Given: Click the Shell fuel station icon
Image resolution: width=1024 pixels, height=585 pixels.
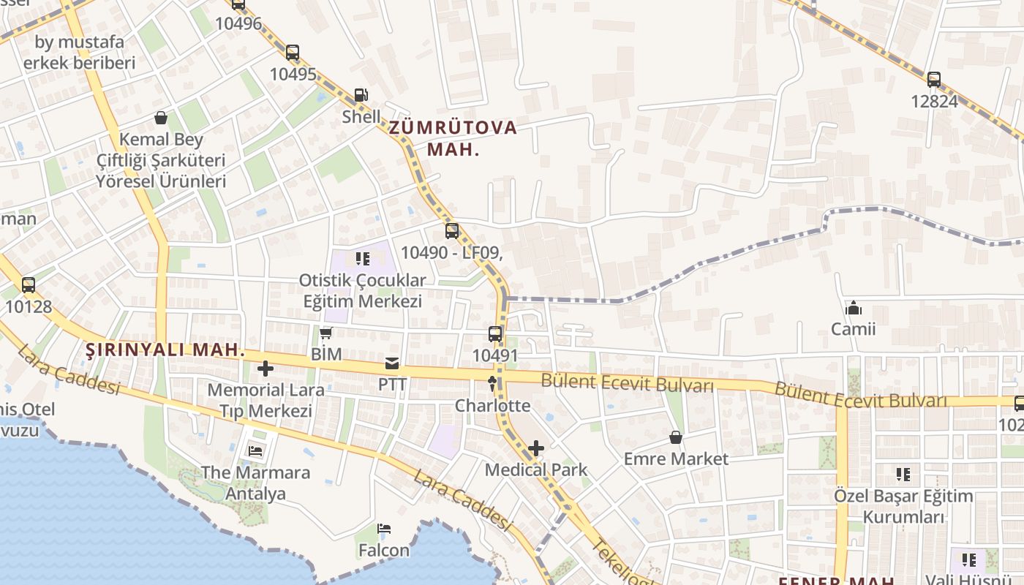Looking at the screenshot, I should tap(361, 95).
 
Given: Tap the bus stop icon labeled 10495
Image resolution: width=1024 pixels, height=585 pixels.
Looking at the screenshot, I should tap(293, 53).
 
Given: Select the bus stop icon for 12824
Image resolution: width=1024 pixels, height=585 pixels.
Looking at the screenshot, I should tap(934, 80).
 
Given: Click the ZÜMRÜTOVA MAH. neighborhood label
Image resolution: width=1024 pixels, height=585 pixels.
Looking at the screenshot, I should tap(453, 138).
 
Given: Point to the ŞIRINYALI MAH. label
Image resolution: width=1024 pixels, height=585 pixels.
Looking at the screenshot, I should tap(165, 350).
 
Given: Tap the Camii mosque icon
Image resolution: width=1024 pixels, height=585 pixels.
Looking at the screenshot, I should tap(853, 308).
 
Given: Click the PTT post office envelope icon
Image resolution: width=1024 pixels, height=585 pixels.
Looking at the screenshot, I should tap(392, 363).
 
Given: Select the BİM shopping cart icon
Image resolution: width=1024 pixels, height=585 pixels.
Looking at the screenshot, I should tap(326, 333).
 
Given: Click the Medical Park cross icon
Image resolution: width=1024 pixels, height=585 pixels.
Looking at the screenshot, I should tap(536, 448).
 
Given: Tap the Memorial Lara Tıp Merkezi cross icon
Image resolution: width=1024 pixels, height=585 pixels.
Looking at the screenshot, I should tap(265, 369).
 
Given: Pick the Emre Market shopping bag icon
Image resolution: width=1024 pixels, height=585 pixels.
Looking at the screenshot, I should tap(676, 438).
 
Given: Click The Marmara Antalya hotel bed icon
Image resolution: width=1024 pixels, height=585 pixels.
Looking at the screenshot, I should tap(255, 450).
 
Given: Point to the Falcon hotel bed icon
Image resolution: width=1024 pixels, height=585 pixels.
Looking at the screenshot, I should tap(384, 529).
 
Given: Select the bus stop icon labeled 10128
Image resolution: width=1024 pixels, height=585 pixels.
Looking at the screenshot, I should tap(29, 285).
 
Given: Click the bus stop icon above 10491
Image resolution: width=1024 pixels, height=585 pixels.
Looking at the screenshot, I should tap(495, 334).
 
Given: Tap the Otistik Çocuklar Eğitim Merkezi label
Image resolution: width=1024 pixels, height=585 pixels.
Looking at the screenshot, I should tap(363, 290).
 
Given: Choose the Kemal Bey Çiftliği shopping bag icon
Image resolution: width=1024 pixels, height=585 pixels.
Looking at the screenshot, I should tap(161, 118).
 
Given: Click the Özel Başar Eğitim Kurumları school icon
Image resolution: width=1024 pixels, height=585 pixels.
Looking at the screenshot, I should tap(903, 475).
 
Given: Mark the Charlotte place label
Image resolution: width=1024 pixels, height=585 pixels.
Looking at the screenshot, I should tap(492, 405).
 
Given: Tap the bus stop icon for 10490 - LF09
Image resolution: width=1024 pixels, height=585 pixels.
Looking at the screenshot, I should tap(452, 231).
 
